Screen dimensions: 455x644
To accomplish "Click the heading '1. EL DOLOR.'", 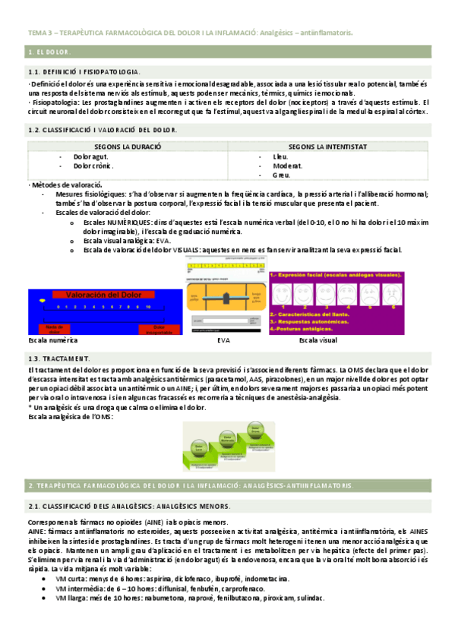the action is coord(49,52).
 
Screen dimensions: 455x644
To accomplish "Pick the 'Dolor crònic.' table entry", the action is coord(93,165).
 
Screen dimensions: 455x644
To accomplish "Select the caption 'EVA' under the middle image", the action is coord(223,341).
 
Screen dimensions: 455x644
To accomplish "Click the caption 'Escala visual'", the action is coord(318,341).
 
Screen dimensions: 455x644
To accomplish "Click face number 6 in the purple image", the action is coord(414,294).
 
